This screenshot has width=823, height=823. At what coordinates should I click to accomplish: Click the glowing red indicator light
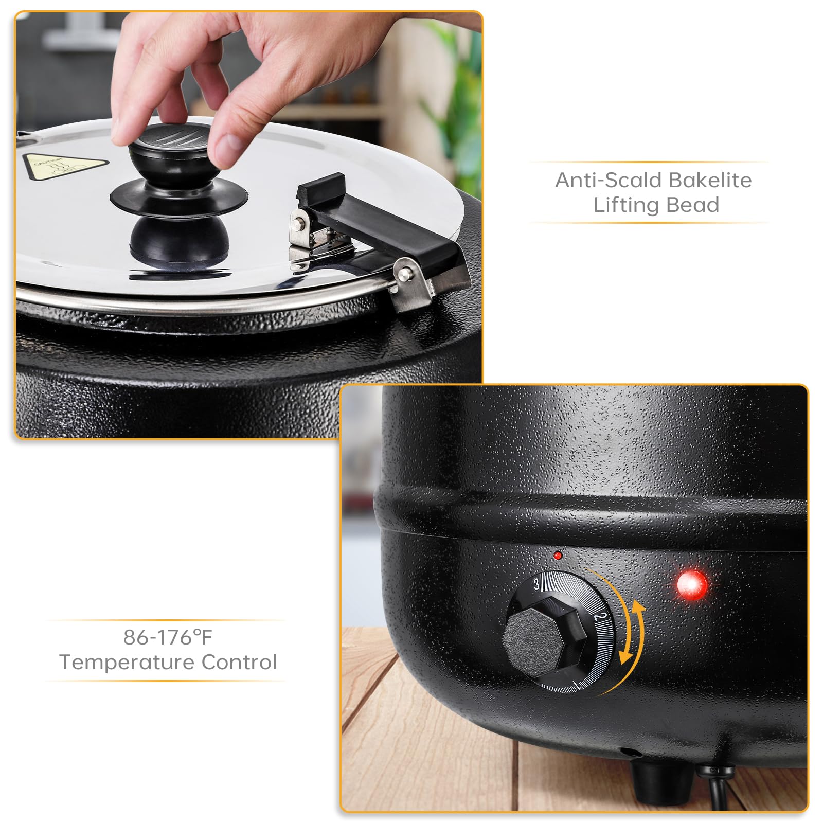(x=692, y=585)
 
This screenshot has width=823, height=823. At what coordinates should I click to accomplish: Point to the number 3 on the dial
(x=536, y=584)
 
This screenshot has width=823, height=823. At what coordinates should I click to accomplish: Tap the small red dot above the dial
(x=558, y=556)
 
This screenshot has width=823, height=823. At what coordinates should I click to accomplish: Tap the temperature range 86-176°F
(x=168, y=637)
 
